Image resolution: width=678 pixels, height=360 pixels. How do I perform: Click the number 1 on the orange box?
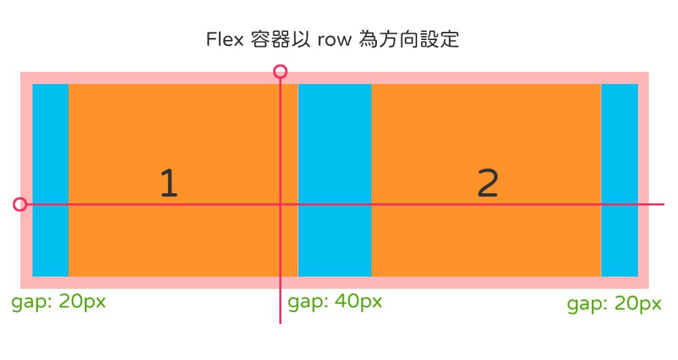169,183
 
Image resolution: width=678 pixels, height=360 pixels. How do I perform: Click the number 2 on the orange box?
488,183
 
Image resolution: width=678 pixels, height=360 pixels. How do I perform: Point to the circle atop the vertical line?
280,71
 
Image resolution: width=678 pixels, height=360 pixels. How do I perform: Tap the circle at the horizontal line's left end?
20,204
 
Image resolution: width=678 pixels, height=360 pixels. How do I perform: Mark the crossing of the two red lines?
280,204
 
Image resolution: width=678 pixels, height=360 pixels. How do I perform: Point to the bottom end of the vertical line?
280,323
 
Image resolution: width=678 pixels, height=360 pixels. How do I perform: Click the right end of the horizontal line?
663,204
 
